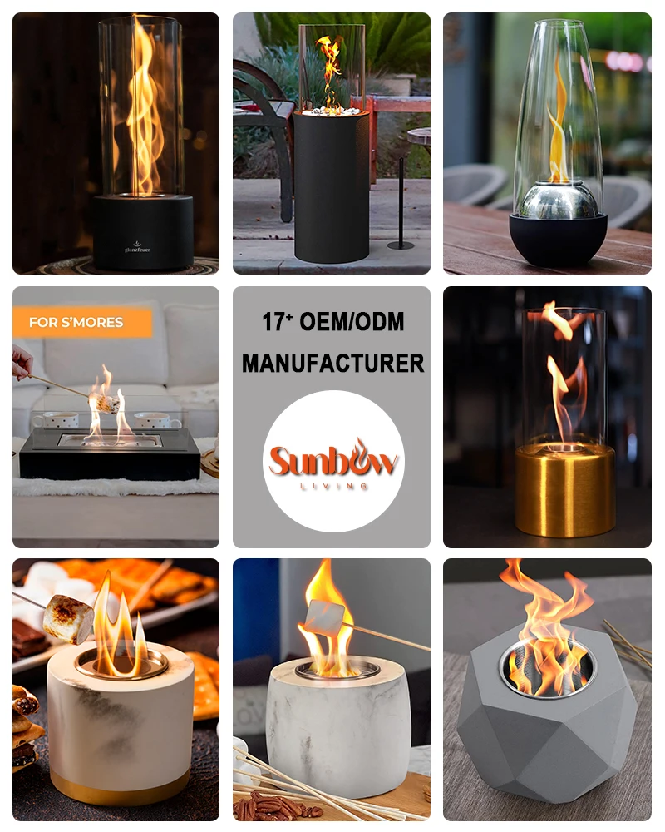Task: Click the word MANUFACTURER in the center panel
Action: pos(332,362)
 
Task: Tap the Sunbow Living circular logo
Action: pos(332,461)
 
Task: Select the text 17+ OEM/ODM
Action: pos(332,322)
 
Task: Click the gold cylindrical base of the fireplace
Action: pos(564,491)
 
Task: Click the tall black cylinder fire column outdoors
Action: pos(332,191)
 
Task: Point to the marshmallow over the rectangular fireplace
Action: pos(105,403)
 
